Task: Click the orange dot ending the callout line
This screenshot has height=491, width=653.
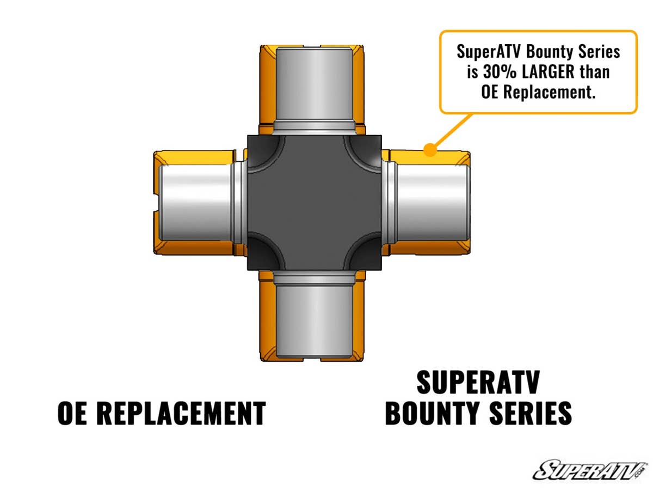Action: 430,149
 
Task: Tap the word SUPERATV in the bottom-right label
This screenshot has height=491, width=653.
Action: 478,383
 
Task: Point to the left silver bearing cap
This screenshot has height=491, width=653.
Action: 196,203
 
